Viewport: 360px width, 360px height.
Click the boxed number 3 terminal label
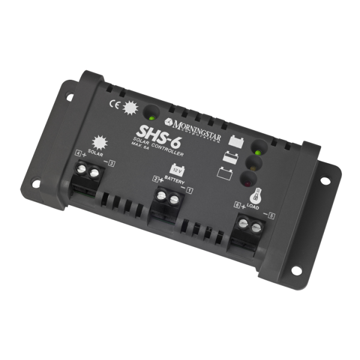click(111, 164)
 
